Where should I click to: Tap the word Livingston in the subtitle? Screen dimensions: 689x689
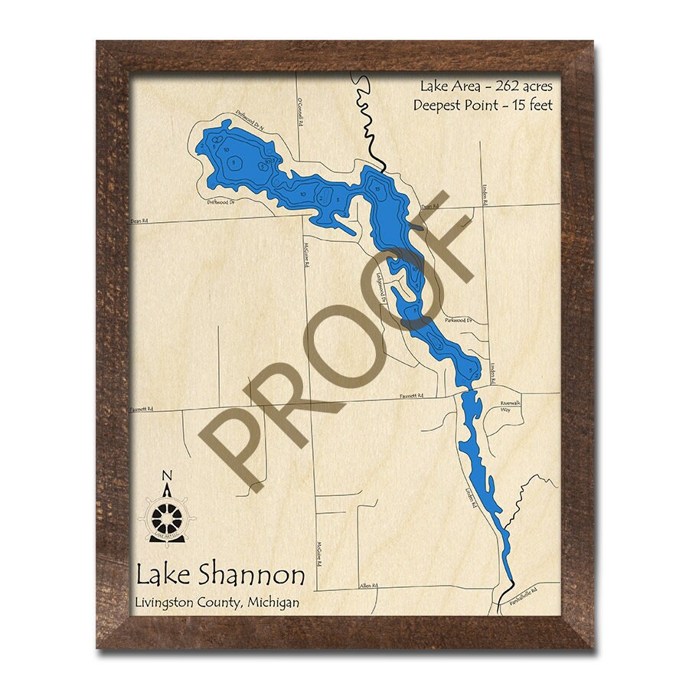point(168,602)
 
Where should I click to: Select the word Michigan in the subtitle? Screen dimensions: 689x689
point(273,602)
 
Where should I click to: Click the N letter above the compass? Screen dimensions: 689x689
point(168,475)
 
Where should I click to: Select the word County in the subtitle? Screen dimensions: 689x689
point(221,602)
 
